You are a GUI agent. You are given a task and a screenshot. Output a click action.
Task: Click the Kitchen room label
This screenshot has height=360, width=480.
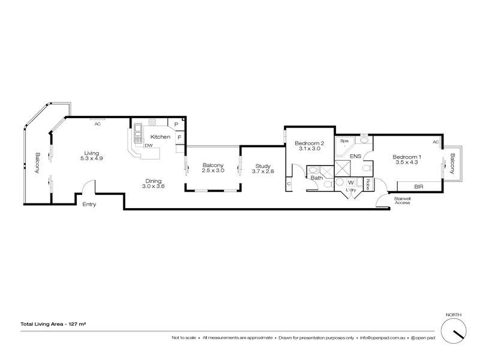pyautogui.click(x=160, y=137)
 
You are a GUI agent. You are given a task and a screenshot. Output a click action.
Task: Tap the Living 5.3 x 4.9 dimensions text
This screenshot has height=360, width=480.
pyautogui.click(x=92, y=158)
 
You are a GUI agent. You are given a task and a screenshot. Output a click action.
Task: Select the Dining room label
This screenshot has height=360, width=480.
pyautogui.click(x=154, y=181)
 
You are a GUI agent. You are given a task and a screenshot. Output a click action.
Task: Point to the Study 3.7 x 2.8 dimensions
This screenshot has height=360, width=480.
pyautogui.click(x=263, y=172)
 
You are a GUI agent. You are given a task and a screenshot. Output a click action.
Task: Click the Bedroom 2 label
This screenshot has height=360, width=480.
pyautogui.click(x=309, y=143)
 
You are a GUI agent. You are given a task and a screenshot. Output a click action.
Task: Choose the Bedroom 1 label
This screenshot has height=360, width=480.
pyautogui.click(x=407, y=157)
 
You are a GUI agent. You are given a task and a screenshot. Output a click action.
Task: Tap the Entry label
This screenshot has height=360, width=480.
pyautogui.click(x=89, y=204)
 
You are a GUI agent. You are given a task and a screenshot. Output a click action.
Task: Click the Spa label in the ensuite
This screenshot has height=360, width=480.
pyautogui.click(x=344, y=141)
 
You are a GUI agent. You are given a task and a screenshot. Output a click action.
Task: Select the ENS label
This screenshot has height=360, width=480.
pyautogui.click(x=355, y=156)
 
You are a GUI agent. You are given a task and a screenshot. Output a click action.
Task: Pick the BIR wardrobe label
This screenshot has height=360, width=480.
pyautogui.click(x=418, y=187)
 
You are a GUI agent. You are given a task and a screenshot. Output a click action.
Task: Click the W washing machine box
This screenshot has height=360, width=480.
pyautogui.click(x=351, y=183)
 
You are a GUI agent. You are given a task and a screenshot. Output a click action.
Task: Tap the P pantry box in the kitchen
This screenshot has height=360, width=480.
pyautogui.click(x=176, y=125)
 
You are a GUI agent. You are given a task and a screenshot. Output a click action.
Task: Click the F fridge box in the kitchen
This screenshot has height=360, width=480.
pyautogui.click(x=179, y=137)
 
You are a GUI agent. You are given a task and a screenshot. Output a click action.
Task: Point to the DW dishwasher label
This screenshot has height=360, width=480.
pyautogui.click(x=149, y=145)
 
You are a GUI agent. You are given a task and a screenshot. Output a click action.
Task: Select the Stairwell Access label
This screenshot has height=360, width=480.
pyautogui.click(x=402, y=200)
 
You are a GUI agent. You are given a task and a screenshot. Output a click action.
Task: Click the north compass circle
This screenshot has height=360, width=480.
pyautogui.click(x=454, y=331)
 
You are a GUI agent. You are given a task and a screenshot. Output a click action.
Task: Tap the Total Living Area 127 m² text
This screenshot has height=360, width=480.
pyautogui.click(x=53, y=324)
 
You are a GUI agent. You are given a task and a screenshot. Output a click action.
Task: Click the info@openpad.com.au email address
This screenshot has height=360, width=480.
pyautogui.click(x=383, y=338)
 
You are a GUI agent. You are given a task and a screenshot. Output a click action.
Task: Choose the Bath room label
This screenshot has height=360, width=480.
pyautogui.click(x=317, y=178)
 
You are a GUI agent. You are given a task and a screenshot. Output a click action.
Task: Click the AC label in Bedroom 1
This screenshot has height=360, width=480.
pyautogui.click(x=436, y=142)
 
